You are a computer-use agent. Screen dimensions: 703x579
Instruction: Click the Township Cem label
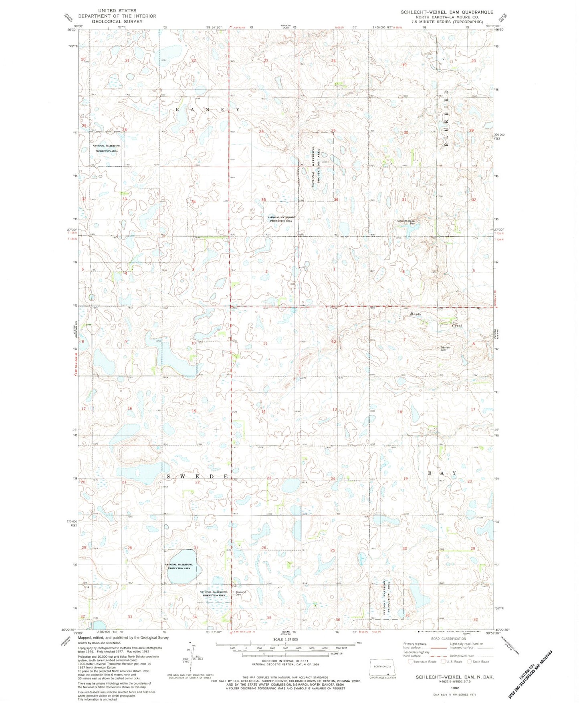click(x=241, y=593)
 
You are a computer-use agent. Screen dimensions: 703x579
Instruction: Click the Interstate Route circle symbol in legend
click(x=411, y=662)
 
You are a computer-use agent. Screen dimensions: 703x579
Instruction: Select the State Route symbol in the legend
click(x=469, y=662)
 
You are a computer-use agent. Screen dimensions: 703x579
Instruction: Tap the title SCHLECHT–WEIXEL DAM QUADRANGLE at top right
click(x=447, y=12)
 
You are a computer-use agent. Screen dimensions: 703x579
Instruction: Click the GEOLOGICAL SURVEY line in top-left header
click(x=117, y=22)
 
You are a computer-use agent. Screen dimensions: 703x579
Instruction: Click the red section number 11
click(x=265, y=344)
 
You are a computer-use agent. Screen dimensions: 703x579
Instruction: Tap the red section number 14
click(x=263, y=411)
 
